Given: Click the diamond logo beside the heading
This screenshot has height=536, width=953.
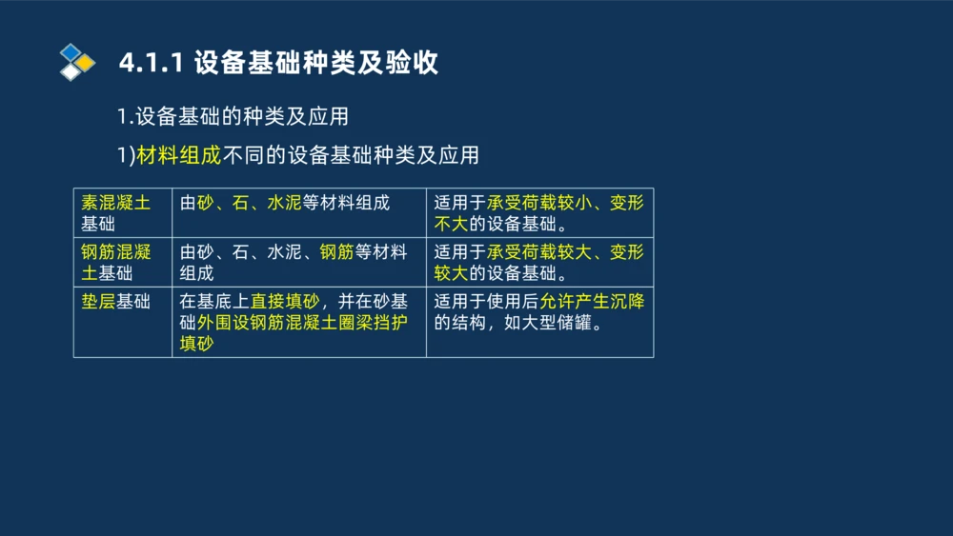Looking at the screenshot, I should (x=77, y=62).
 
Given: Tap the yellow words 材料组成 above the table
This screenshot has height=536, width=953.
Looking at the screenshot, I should (x=179, y=154).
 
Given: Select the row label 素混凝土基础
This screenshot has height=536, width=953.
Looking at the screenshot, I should (x=115, y=213).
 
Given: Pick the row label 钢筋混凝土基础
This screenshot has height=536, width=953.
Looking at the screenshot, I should (x=115, y=263).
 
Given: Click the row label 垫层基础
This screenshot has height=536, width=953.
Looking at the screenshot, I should (x=115, y=302).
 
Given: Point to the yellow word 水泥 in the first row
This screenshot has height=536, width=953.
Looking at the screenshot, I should (x=285, y=203).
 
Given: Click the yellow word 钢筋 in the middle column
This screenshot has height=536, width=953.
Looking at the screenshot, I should (x=336, y=252).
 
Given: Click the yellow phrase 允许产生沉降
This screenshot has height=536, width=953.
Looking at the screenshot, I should (x=592, y=302).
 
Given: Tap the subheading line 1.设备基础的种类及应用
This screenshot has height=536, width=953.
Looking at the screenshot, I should (x=233, y=116).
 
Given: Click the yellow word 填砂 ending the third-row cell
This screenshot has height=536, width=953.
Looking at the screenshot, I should (x=197, y=344).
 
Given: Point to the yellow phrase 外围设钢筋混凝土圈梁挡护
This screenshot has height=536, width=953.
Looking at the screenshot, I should (x=302, y=323).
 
